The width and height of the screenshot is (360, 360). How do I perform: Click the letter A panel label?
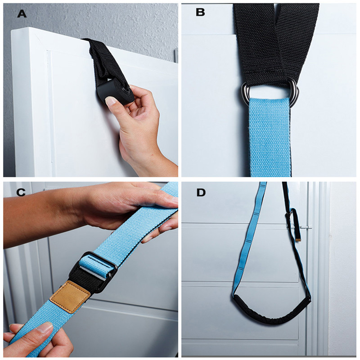[x=22, y=14]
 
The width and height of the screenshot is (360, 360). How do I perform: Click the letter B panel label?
[x=200, y=12]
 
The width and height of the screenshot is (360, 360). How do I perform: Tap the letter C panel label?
[x=21, y=193]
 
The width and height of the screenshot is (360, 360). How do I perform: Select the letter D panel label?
[x=201, y=193]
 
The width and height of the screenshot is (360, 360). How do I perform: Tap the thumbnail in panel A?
[x=110, y=100]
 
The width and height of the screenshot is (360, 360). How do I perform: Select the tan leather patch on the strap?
[x=70, y=297]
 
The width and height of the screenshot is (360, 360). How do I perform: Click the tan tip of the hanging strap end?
[x=298, y=239]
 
